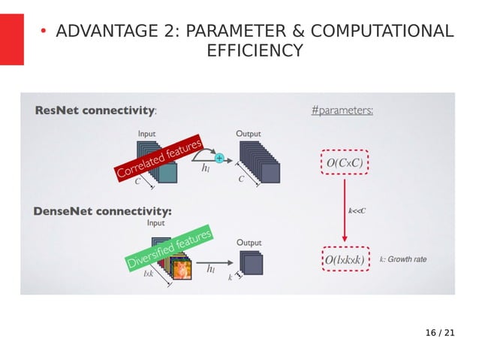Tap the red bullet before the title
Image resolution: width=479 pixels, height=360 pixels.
(44, 31)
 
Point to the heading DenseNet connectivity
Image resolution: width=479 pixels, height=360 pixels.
(102, 211)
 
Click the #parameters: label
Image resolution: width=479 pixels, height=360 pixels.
(342, 110)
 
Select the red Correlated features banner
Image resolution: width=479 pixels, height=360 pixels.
(159, 158)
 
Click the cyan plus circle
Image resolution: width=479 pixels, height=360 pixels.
(219, 158)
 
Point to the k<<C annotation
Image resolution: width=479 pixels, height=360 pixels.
(357, 210)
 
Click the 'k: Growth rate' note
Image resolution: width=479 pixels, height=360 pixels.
(403, 259)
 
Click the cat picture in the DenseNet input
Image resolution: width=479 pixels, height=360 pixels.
(179, 268)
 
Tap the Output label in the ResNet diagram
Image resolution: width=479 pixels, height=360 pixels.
(249, 134)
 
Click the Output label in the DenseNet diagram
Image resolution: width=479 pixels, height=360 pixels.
(249, 243)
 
